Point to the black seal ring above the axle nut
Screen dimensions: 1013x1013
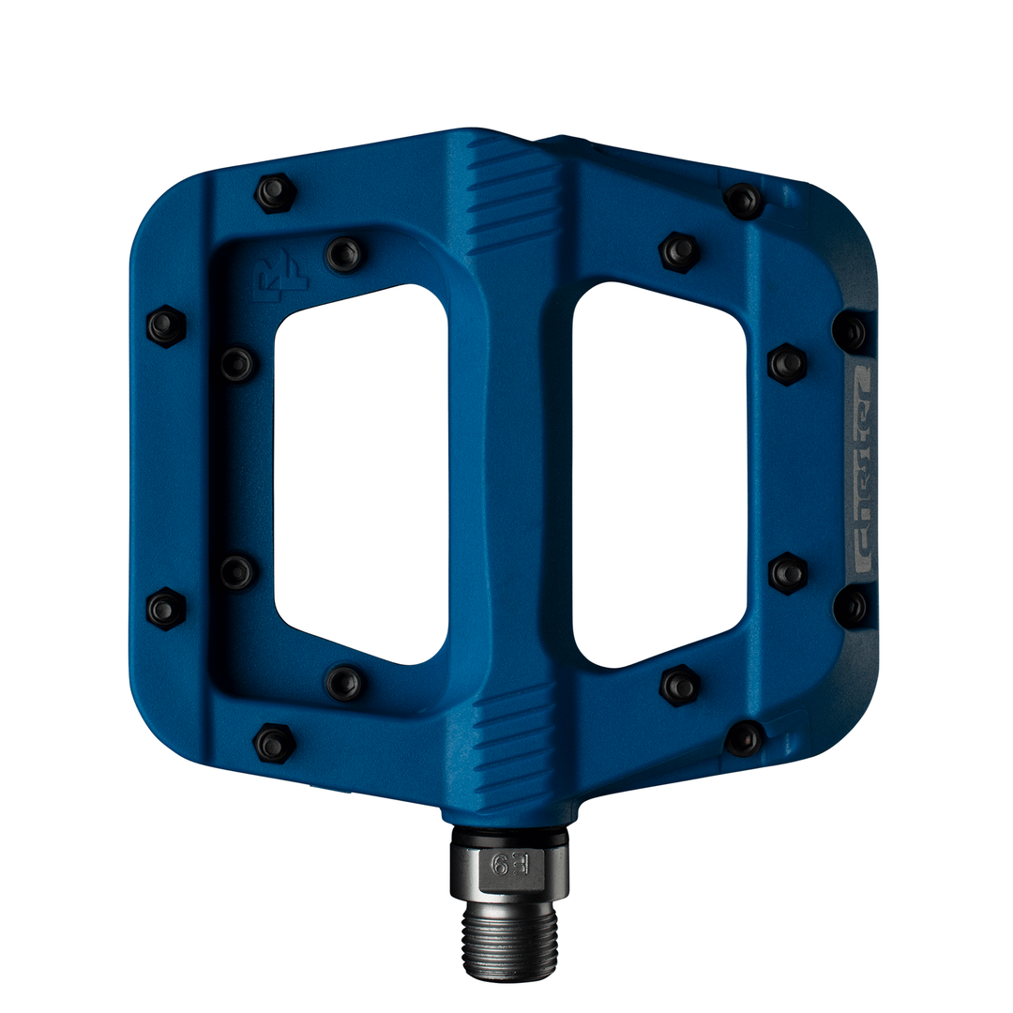tap(509, 833)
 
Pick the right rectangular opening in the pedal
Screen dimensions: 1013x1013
tap(659, 474)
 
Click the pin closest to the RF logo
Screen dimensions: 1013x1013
tap(343, 254)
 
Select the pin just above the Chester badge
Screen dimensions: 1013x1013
tap(851, 331)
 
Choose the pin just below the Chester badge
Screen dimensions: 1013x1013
tap(851, 607)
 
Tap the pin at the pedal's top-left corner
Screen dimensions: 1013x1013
tap(275, 193)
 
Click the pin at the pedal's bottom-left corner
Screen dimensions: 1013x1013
tap(274, 744)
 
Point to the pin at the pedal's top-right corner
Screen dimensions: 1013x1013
tap(744, 200)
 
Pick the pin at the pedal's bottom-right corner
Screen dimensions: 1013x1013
tap(745, 738)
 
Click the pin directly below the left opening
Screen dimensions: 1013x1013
tap(344, 683)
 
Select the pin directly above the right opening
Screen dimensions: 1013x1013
tap(679, 251)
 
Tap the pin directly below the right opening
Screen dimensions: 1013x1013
tap(679, 686)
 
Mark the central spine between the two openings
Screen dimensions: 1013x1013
tap(511, 469)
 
